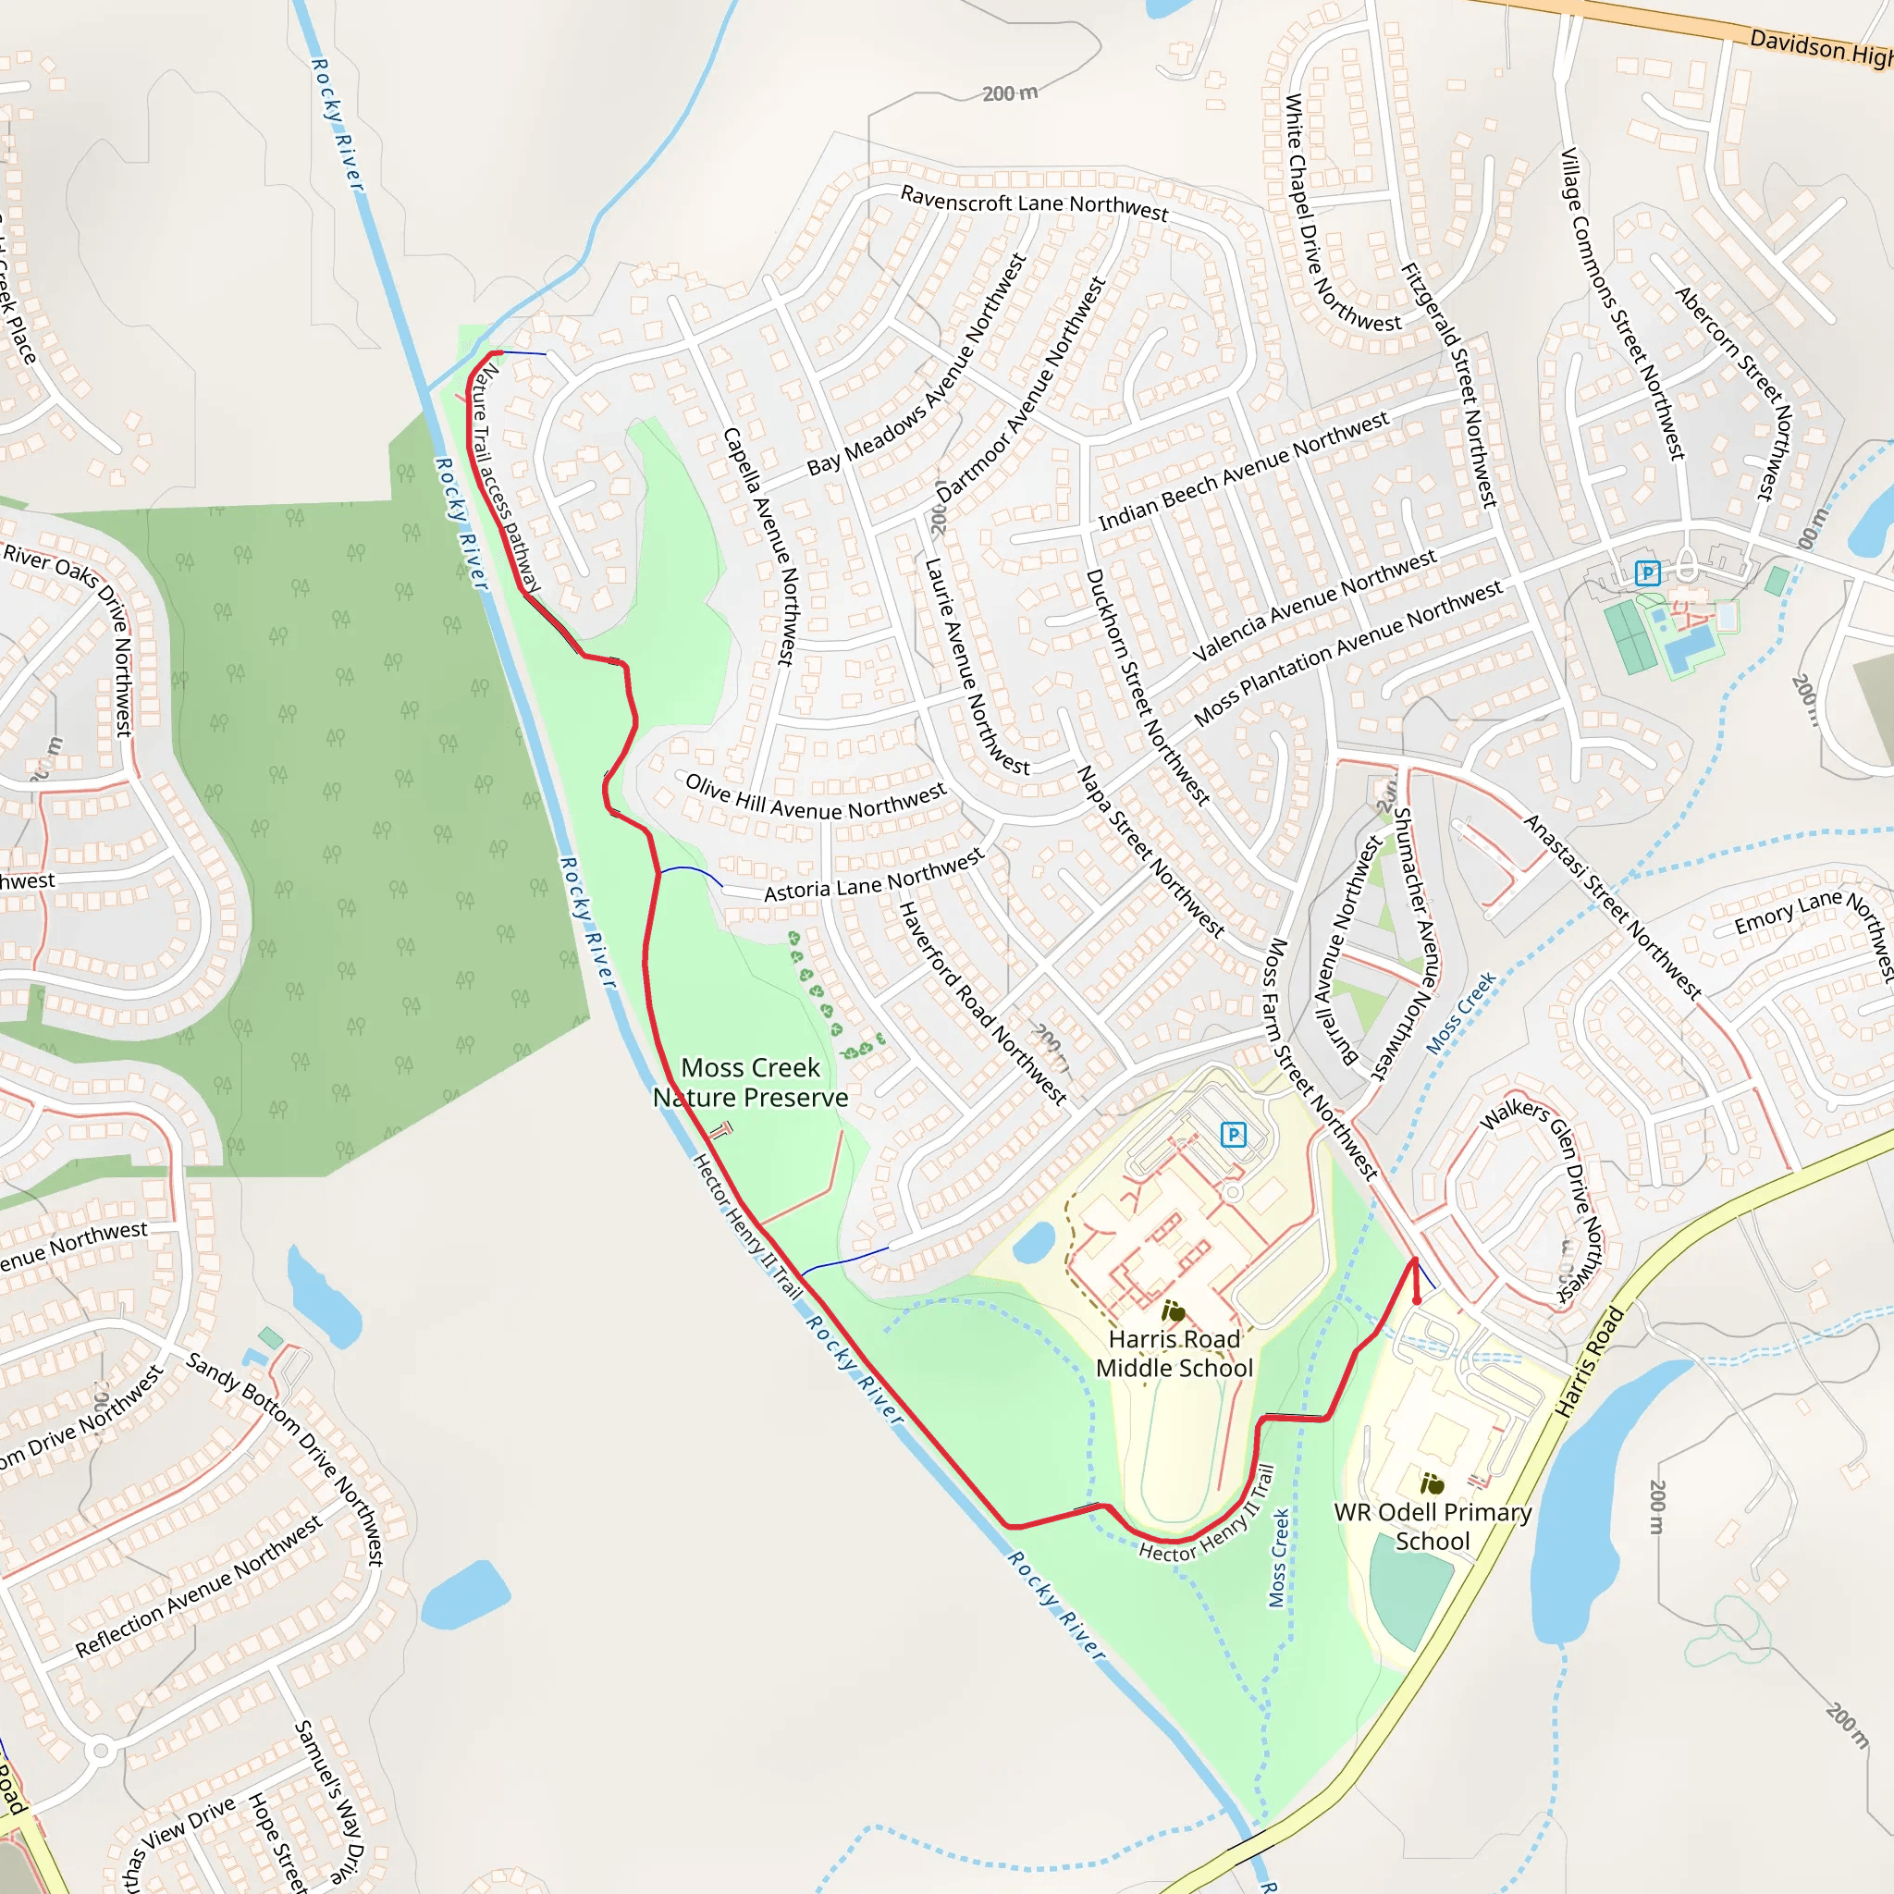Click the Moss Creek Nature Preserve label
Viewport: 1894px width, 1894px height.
point(751,1082)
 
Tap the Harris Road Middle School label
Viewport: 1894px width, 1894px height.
point(1174,1353)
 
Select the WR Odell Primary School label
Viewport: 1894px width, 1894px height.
point(1433,1526)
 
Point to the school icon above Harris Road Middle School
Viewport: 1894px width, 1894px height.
point(1173,1311)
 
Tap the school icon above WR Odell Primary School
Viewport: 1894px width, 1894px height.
point(1432,1483)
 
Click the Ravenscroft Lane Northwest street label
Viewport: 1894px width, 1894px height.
point(1034,203)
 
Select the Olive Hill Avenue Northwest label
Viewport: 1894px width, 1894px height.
point(816,797)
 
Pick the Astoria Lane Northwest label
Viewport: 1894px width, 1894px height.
point(873,877)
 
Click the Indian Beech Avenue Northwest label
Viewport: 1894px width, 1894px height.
point(1243,472)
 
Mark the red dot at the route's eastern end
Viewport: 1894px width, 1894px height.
point(1417,1301)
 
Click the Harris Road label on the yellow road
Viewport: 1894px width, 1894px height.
point(1590,1361)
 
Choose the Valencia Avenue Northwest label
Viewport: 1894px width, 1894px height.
point(1313,606)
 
